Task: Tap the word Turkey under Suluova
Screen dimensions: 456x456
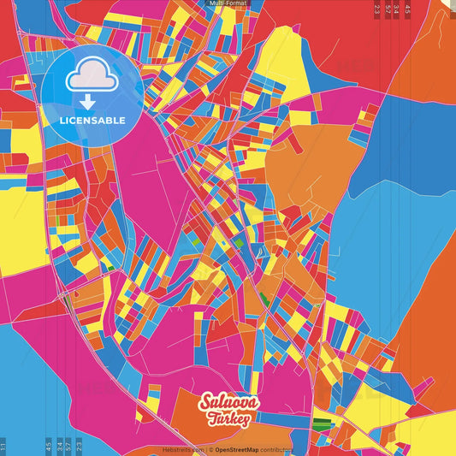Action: [228, 418]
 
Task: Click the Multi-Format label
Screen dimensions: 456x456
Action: [228, 3]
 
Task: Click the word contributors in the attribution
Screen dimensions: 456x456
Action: [276, 449]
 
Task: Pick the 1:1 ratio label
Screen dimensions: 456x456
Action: [3, 446]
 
